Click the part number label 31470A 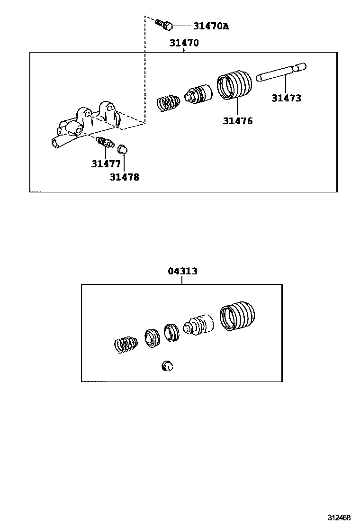(211, 26)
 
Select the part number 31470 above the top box (184, 43)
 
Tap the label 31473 (287, 98)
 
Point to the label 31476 (238, 121)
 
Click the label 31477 (106, 164)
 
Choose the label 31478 (124, 177)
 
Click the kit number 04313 (183, 271)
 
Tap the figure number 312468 (340, 517)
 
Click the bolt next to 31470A (164, 24)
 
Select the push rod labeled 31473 (281, 73)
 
